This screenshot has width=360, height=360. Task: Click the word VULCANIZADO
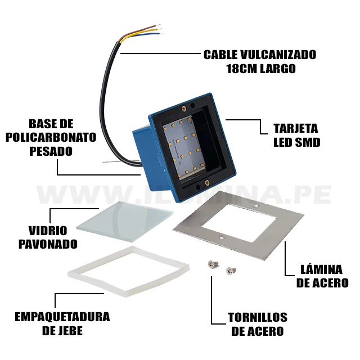pyautogui.click(x=278, y=55)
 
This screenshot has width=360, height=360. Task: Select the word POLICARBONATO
pyautogui.click(x=51, y=137)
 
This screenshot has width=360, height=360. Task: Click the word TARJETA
pyautogui.click(x=296, y=128)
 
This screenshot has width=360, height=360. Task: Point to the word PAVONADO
pyautogui.click(x=48, y=244)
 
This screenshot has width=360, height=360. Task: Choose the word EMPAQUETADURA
pyautogui.click(x=62, y=317)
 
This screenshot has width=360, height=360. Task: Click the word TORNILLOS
pyautogui.click(x=258, y=317)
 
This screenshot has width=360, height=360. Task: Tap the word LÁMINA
pyautogui.click(x=321, y=269)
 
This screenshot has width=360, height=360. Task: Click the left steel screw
pyautogui.click(x=213, y=264)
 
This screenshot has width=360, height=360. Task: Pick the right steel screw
pyautogui.click(x=231, y=271)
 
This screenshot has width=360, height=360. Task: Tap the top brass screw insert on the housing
pyautogui.click(x=183, y=108)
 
